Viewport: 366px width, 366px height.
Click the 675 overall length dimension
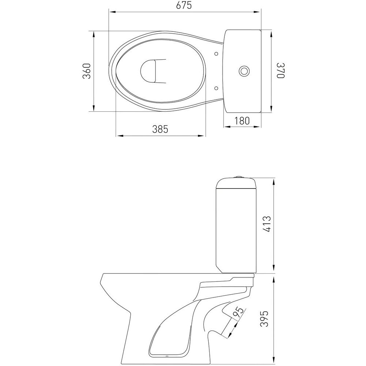[184, 5]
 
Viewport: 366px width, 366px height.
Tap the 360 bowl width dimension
[87, 71]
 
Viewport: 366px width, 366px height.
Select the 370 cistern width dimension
[280, 71]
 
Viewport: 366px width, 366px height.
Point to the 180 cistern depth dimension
[242, 121]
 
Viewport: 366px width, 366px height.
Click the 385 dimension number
[160, 129]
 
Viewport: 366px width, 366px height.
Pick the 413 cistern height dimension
[267, 224]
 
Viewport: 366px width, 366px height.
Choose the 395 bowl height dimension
[265, 319]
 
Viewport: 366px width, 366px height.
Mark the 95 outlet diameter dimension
[238, 313]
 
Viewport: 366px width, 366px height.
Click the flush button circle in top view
[244, 71]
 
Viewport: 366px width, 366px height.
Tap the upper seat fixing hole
[216, 54]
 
